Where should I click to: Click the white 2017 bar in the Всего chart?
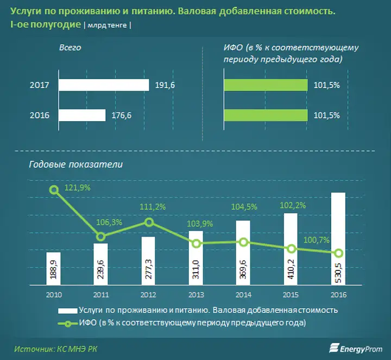click(104, 85)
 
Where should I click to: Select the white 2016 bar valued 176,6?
click(82, 115)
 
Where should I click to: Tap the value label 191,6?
click(165, 85)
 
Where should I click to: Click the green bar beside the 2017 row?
click(266, 85)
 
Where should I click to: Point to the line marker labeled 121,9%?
click(54, 190)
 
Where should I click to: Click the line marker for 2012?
click(149, 222)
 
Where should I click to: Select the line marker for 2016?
click(338, 253)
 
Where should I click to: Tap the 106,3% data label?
click(109, 222)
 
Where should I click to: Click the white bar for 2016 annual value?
click(338, 238)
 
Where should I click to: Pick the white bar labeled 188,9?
click(53, 268)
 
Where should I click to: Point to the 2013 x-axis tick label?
click(196, 295)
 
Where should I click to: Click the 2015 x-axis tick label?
click(291, 295)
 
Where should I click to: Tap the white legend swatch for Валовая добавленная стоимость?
click(67, 311)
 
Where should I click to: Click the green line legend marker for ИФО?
click(67, 324)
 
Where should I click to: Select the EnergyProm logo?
click(356, 349)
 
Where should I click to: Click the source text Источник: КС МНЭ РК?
click(55, 349)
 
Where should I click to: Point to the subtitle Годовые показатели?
click(76, 165)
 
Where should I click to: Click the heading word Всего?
click(70, 48)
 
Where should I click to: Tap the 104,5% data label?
click(244, 207)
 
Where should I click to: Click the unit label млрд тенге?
click(107, 26)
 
